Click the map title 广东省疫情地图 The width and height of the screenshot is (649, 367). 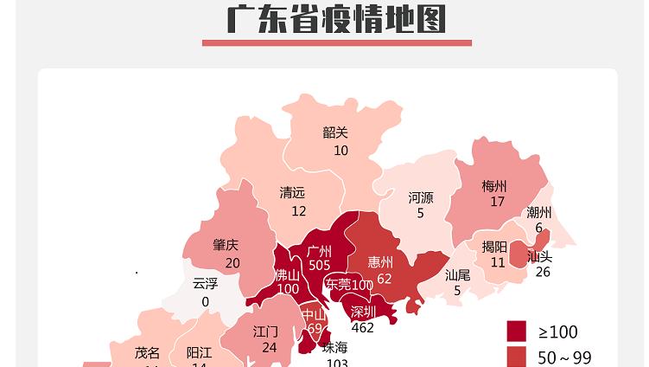(x=336, y=19)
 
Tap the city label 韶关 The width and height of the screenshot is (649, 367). (x=335, y=132)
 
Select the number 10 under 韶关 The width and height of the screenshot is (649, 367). (x=340, y=151)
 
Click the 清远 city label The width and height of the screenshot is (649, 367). (x=292, y=193)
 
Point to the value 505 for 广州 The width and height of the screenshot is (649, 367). (x=320, y=266)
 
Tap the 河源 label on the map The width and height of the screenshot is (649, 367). (x=421, y=197)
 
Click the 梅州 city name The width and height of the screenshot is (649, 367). (x=494, y=186)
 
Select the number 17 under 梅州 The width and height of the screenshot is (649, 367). (x=497, y=203)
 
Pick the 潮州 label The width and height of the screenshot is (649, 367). (x=539, y=213)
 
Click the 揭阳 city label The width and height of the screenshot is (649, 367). (x=494, y=247)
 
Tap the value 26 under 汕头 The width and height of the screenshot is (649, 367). (x=542, y=272)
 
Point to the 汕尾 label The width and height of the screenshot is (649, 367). (x=458, y=275)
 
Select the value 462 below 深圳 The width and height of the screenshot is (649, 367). (x=363, y=327)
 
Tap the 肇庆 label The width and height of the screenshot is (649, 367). (x=226, y=245)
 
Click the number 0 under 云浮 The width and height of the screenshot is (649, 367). (x=206, y=301)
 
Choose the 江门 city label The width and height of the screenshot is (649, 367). (x=265, y=332)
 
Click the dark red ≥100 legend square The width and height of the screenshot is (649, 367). (x=516, y=332)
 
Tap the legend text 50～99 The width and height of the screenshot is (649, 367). (x=564, y=357)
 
